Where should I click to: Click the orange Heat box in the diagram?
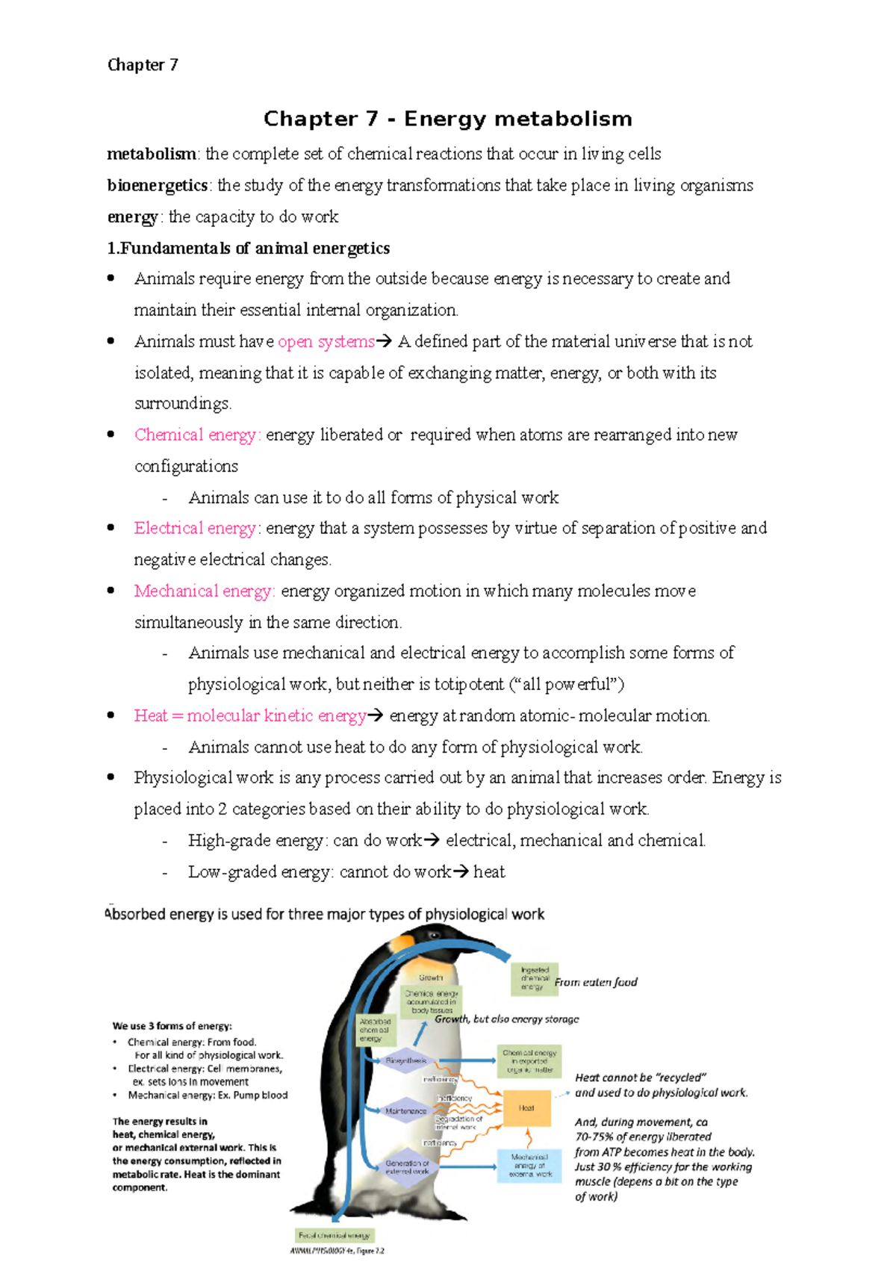[x=526, y=1108]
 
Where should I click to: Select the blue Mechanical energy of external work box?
[x=529, y=1165]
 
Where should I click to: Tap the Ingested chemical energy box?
[x=535, y=978]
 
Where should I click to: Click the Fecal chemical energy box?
[x=335, y=1235]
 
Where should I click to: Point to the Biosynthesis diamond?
[x=406, y=1060]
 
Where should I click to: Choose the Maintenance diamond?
[x=405, y=1111]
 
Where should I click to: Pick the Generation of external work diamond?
[x=407, y=1166]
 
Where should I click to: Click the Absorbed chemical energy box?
[x=375, y=1029]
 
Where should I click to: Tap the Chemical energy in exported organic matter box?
[x=529, y=1061]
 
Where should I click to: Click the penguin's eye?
[x=434, y=936]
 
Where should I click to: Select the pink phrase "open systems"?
[x=326, y=342]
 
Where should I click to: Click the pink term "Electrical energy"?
[x=196, y=529]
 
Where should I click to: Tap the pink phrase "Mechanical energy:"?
[x=205, y=591]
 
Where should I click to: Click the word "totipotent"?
[x=469, y=685]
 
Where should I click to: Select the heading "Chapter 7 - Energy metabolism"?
[x=447, y=119]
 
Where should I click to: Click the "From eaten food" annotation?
[x=596, y=982]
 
